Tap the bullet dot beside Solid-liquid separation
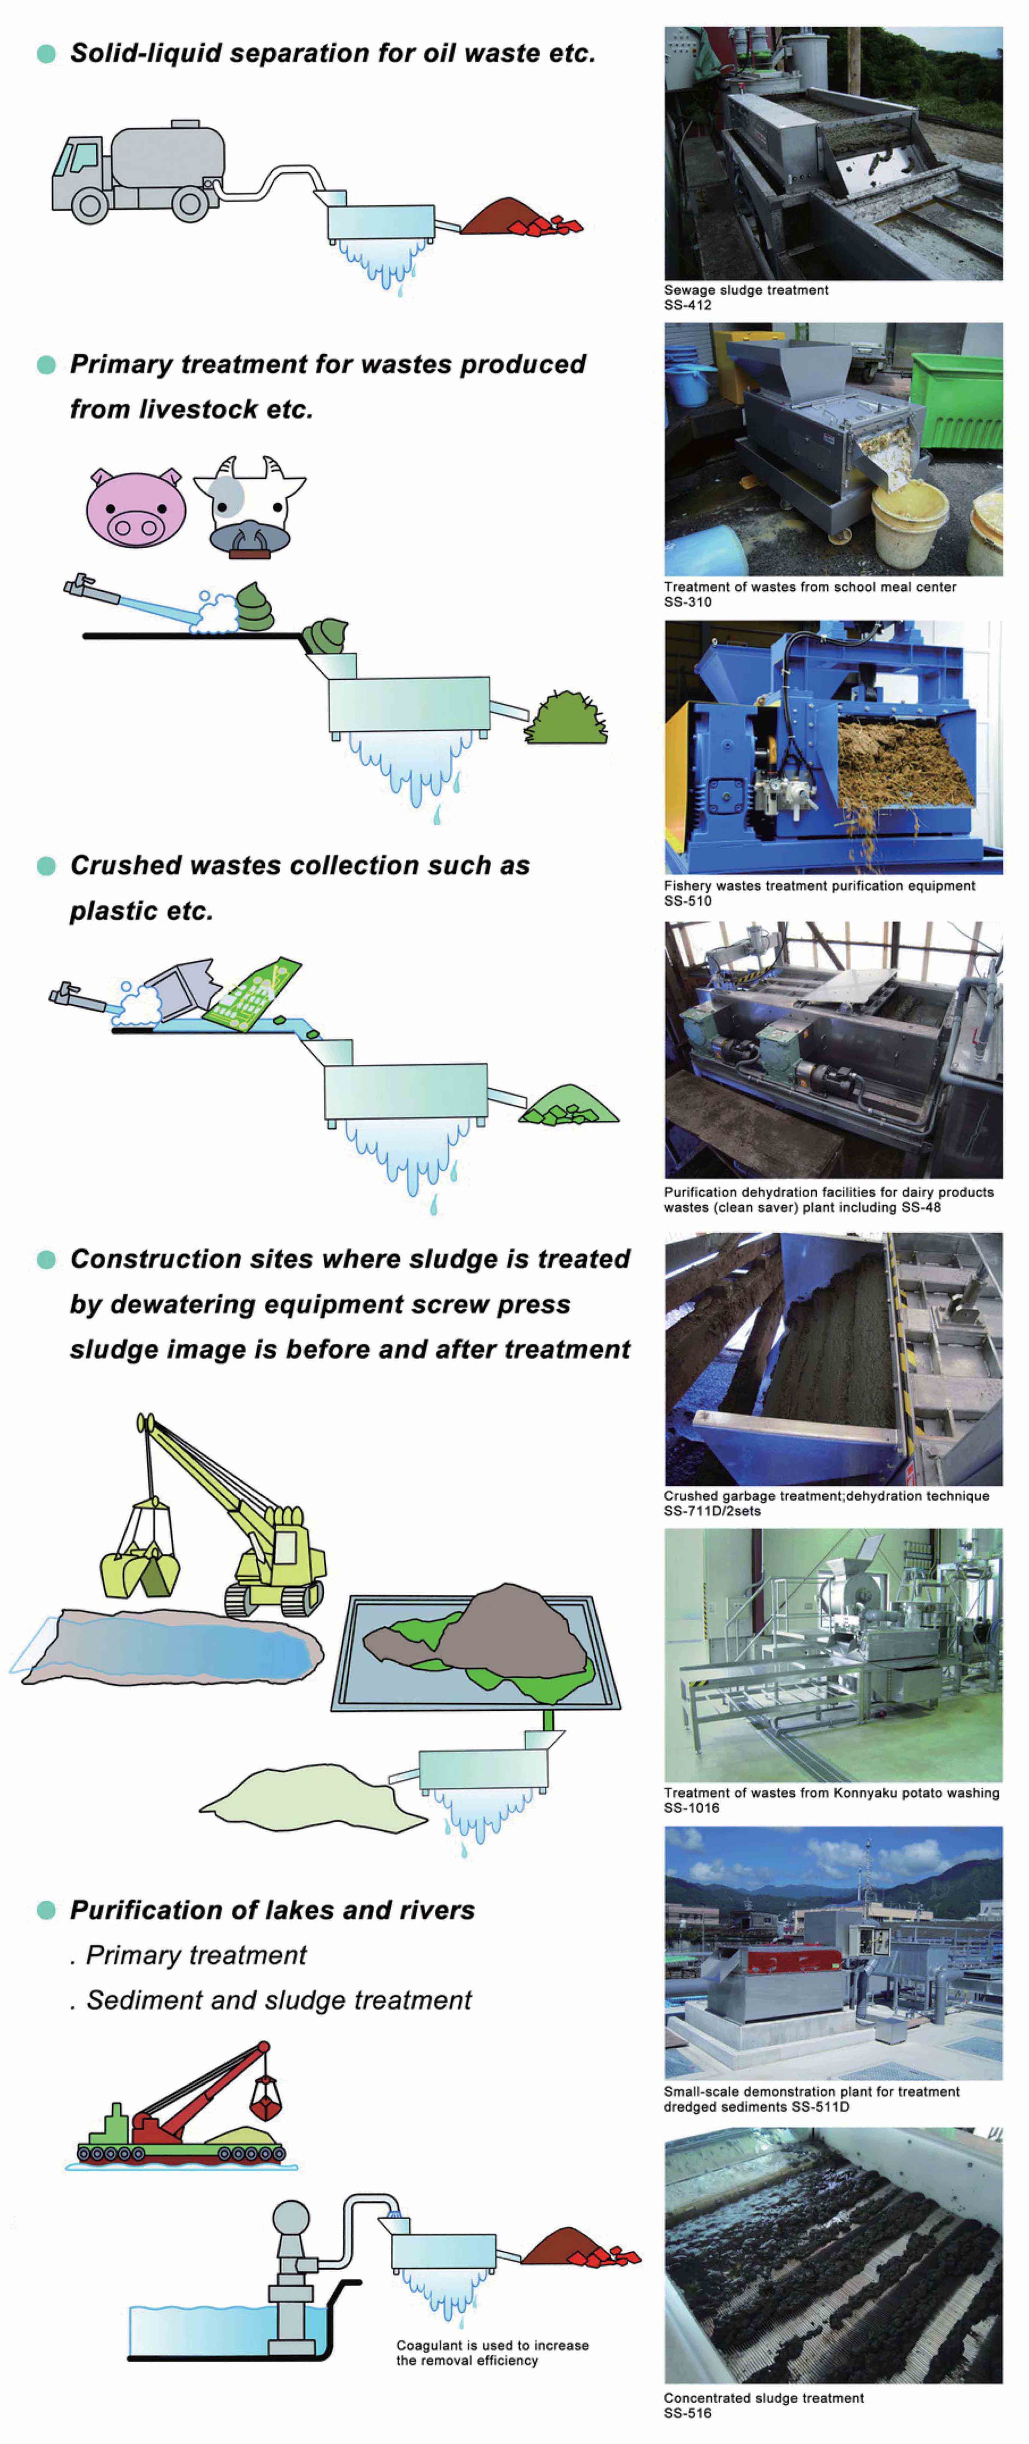(x=45, y=54)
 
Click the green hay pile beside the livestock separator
(x=566, y=718)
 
